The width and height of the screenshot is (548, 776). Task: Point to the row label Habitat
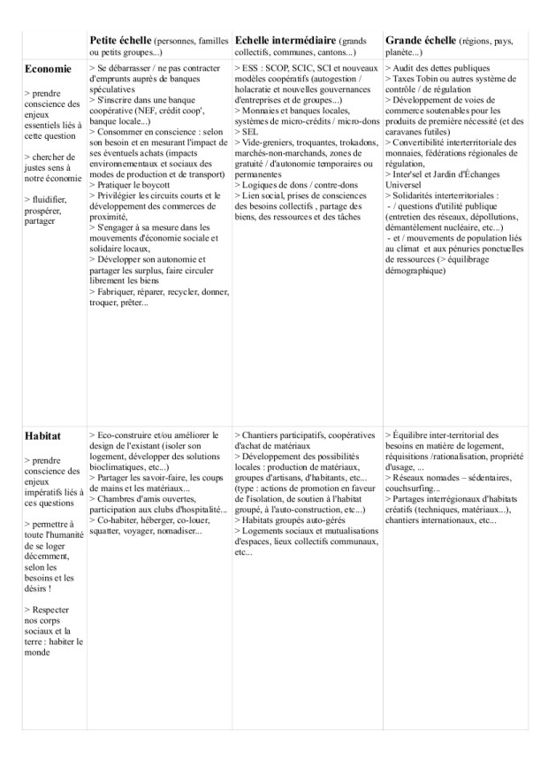coord(43,436)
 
